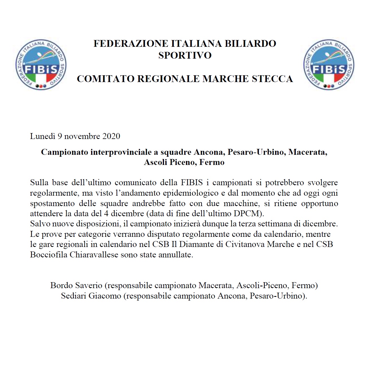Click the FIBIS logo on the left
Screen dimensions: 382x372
click(x=41, y=65)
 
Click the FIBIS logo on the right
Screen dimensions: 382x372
click(x=329, y=65)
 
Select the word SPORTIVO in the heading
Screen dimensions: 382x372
click(x=185, y=56)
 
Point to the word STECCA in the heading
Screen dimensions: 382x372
click(x=272, y=79)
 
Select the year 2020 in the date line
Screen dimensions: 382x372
click(x=111, y=136)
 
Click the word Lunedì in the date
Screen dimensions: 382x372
click(x=43, y=136)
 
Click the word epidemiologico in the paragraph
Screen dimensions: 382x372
click(x=191, y=193)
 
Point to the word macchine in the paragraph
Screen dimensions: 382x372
click(x=241, y=204)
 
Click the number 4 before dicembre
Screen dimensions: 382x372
click(x=106, y=214)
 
